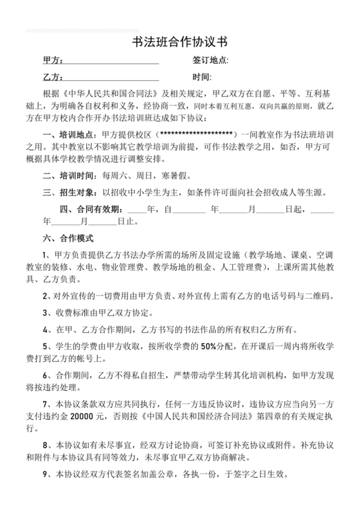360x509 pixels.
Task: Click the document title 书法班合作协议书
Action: [179, 43]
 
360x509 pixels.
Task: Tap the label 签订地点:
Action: [210, 60]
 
